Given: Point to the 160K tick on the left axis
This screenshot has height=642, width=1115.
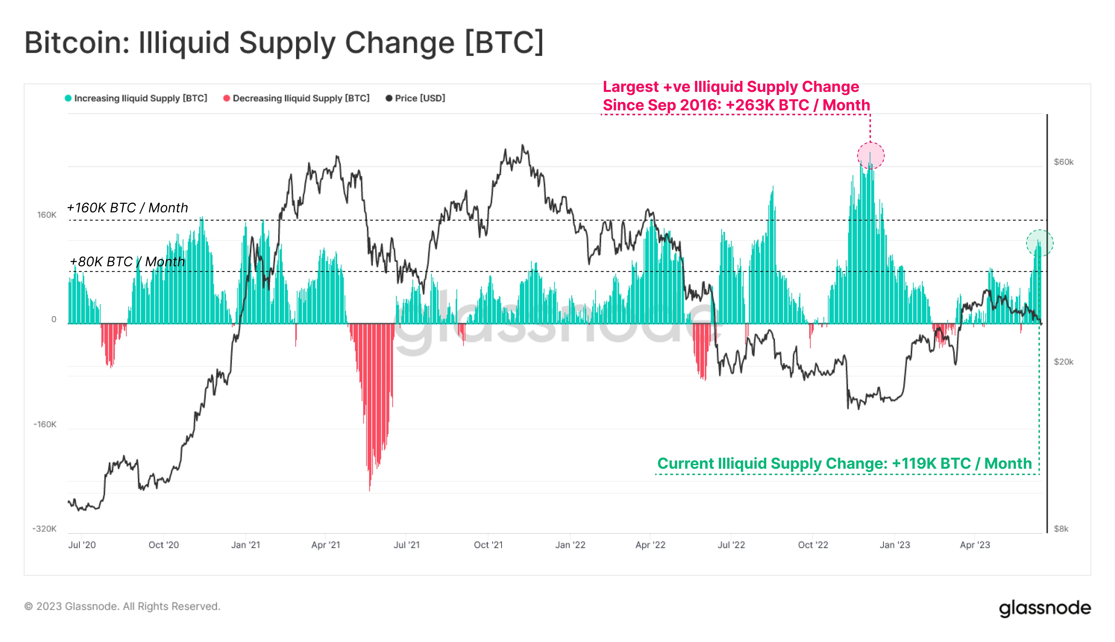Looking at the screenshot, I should (47, 215).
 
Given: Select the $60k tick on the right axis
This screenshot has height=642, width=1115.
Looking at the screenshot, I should (1063, 162).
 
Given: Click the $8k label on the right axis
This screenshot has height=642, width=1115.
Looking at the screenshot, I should (1061, 529).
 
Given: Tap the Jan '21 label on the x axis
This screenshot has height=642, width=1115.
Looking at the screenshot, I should (246, 545).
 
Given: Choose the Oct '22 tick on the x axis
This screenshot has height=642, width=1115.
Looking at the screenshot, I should (813, 545).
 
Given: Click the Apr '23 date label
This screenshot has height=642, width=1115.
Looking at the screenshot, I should (975, 545).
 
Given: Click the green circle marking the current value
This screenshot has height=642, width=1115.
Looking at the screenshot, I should (1040, 243).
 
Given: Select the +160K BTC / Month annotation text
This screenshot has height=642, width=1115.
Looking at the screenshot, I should (127, 208).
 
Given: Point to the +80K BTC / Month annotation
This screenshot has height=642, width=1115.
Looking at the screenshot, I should (127, 262).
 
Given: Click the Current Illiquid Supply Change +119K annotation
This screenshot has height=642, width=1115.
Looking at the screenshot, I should (844, 463).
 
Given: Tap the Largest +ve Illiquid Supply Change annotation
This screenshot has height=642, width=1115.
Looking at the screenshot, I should (736, 96).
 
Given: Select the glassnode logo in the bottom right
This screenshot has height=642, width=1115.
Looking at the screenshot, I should (1045, 608).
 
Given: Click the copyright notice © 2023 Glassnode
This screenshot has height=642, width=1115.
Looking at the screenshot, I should (122, 606).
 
